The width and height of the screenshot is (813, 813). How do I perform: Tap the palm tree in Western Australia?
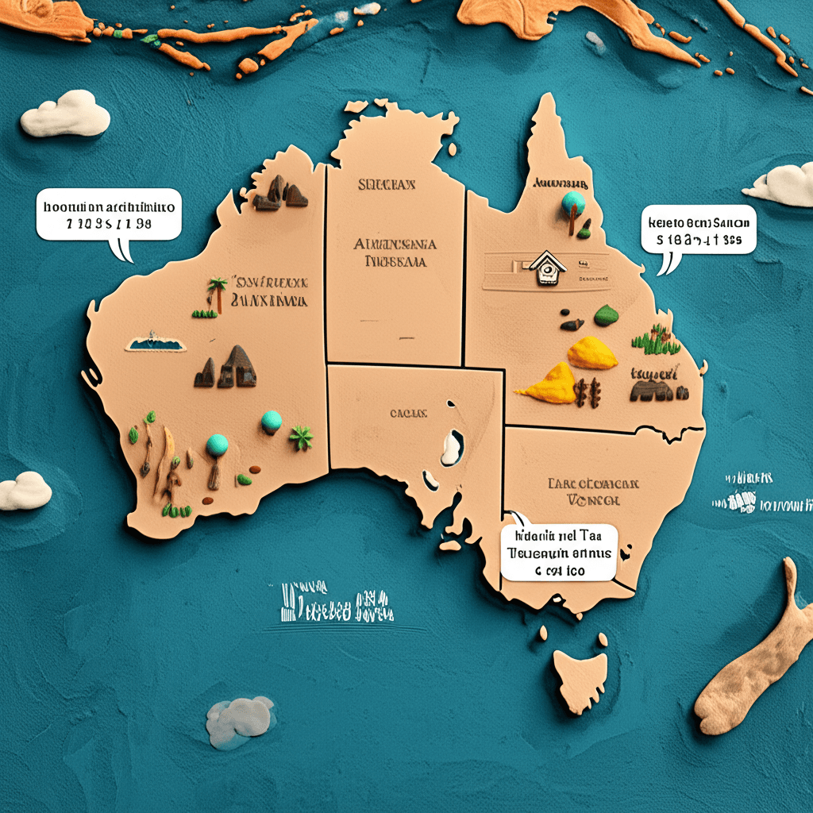(x=216, y=294)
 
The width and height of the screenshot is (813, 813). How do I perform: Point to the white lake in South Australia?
(x=452, y=447)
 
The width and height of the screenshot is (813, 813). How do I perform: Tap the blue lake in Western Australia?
(x=156, y=344)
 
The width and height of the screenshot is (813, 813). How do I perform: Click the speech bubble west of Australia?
(x=109, y=216)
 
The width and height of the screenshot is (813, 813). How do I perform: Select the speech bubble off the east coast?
(x=699, y=232)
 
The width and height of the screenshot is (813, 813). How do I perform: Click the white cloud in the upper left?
(x=65, y=114)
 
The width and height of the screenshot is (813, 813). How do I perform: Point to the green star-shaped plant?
(x=301, y=436)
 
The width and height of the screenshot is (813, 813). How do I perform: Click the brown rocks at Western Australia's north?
(x=280, y=193)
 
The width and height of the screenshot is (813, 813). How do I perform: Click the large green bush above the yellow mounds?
(x=606, y=315)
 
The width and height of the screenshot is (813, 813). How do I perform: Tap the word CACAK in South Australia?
(x=408, y=413)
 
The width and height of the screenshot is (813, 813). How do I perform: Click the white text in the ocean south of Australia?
(x=337, y=605)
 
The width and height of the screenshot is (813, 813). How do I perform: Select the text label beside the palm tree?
(x=270, y=292)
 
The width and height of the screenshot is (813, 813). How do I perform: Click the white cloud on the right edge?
(x=782, y=185)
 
